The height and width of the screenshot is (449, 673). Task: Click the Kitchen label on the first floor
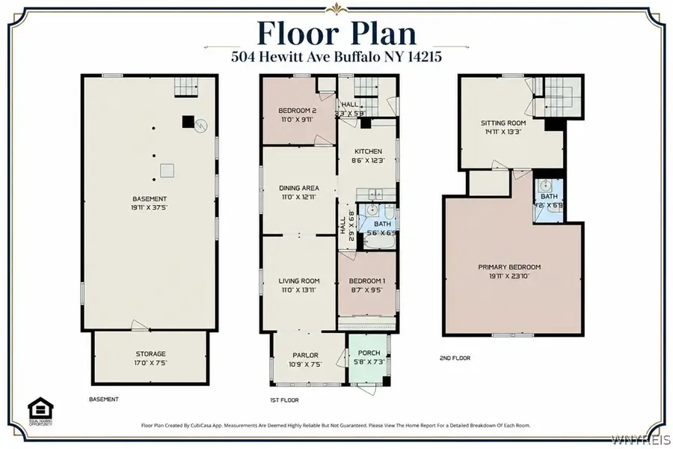tap(367, 150)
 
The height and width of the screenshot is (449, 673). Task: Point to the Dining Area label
tap(299, 188)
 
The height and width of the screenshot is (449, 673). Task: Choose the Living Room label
tap(299, 281)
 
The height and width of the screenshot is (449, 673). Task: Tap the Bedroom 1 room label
tap(367, 281)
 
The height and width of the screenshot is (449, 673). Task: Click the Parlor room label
tap(305, 355)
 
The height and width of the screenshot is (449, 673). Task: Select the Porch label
tap(369, 353)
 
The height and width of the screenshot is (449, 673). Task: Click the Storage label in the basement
tap(150, 354)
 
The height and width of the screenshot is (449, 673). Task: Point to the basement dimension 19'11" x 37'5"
tap(150, 207)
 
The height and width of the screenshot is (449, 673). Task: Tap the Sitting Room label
tap(503, 123)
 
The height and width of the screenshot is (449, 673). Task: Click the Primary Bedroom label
tap(509, 267)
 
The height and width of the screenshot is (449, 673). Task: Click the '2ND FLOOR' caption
tap(455, 358)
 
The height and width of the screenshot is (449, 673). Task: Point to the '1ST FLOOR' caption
tap(284, 400)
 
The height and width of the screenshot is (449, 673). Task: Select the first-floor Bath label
tap(382, 223)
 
